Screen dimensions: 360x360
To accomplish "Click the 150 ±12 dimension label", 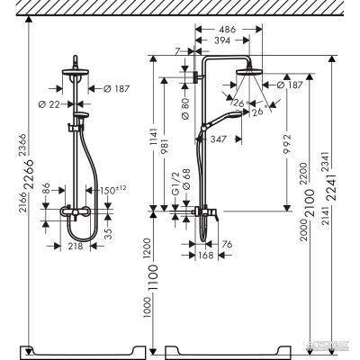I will click(x=120, y=191).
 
